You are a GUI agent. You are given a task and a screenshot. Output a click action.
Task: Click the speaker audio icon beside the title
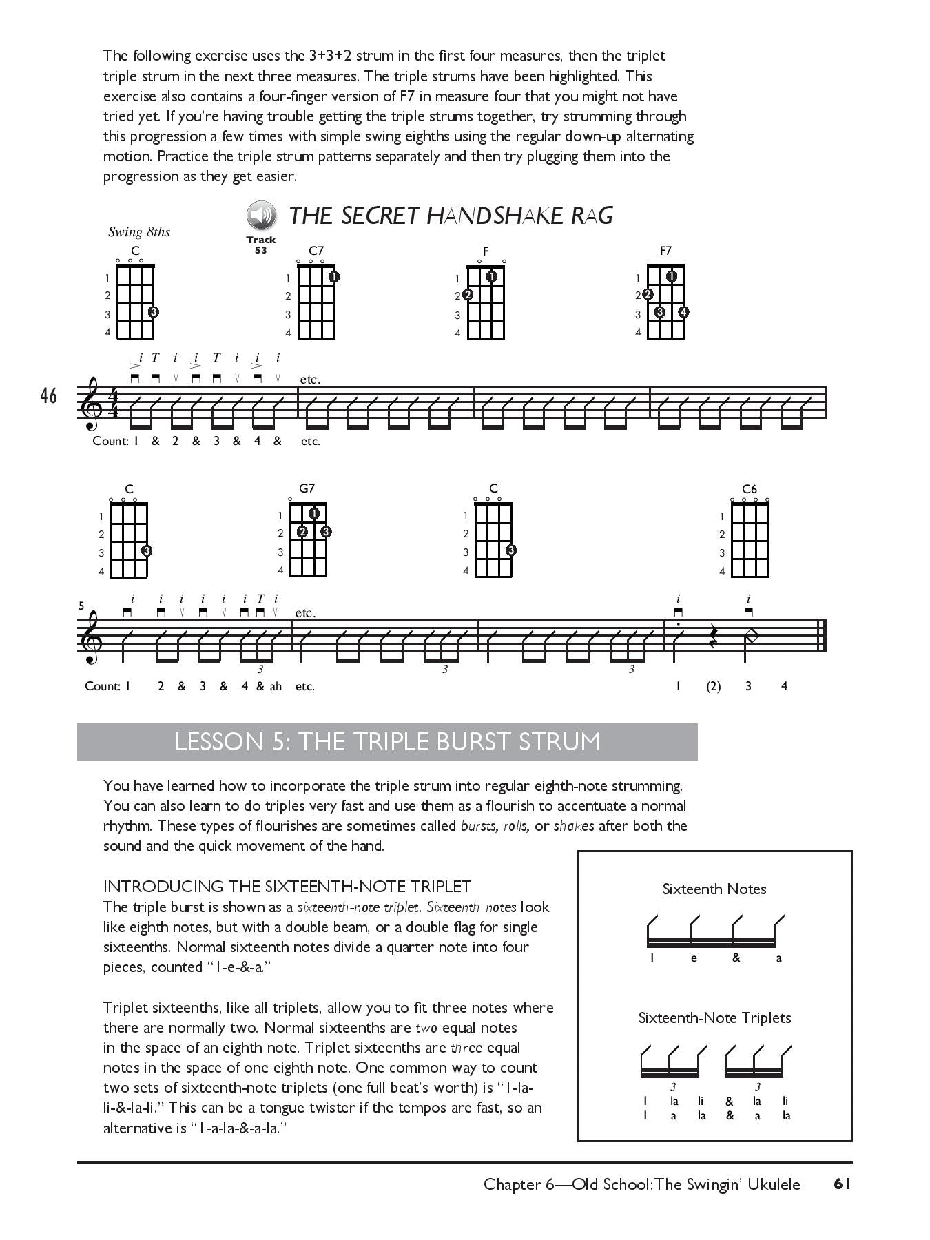click(261, 216)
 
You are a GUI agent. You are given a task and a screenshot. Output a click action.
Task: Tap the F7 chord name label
click(665, 251)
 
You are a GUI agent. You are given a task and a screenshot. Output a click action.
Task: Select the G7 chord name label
click(307, 488)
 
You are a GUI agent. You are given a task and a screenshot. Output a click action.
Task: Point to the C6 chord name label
click(750, 489)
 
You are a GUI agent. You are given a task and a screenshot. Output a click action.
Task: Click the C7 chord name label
click(316, 251)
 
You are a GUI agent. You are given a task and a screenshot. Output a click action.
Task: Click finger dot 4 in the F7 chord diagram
click(683, 312)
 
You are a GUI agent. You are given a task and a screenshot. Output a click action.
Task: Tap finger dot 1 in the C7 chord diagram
click(333, 277)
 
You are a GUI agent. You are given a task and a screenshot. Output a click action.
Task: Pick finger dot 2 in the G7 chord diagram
click(302, 532)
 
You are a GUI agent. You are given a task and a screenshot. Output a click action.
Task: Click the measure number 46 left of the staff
click(48, 397)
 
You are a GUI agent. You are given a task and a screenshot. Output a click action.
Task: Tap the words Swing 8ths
click(138, 232)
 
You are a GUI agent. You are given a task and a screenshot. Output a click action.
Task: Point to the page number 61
click(843, 1184)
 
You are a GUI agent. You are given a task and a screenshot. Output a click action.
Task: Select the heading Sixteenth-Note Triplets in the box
click(714, 1017)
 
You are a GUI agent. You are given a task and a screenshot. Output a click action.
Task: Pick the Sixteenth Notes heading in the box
click(714, 889)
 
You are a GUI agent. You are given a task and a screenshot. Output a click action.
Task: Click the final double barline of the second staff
click(822, 636)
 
